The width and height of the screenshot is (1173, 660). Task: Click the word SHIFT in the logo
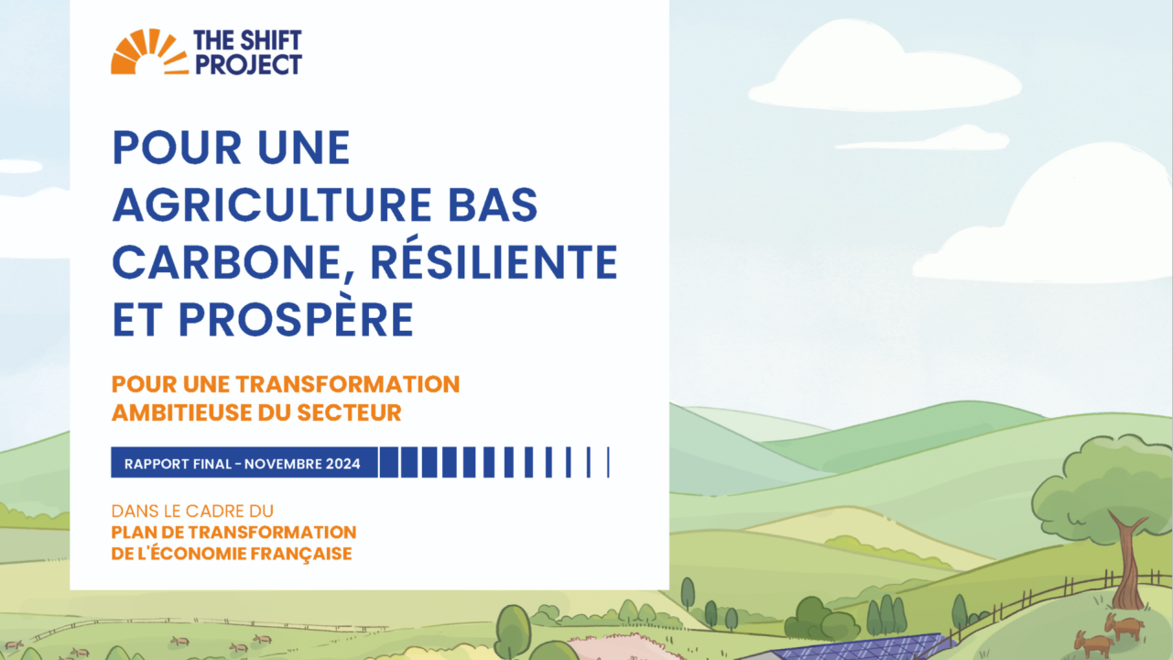270,41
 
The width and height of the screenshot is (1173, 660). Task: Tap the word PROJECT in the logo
247,64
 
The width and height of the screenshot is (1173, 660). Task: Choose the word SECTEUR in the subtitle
350,412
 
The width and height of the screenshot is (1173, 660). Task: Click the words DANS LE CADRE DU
192,511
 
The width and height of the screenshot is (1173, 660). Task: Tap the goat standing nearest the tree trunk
1124,626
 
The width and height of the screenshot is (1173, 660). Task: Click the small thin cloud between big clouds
925,139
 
